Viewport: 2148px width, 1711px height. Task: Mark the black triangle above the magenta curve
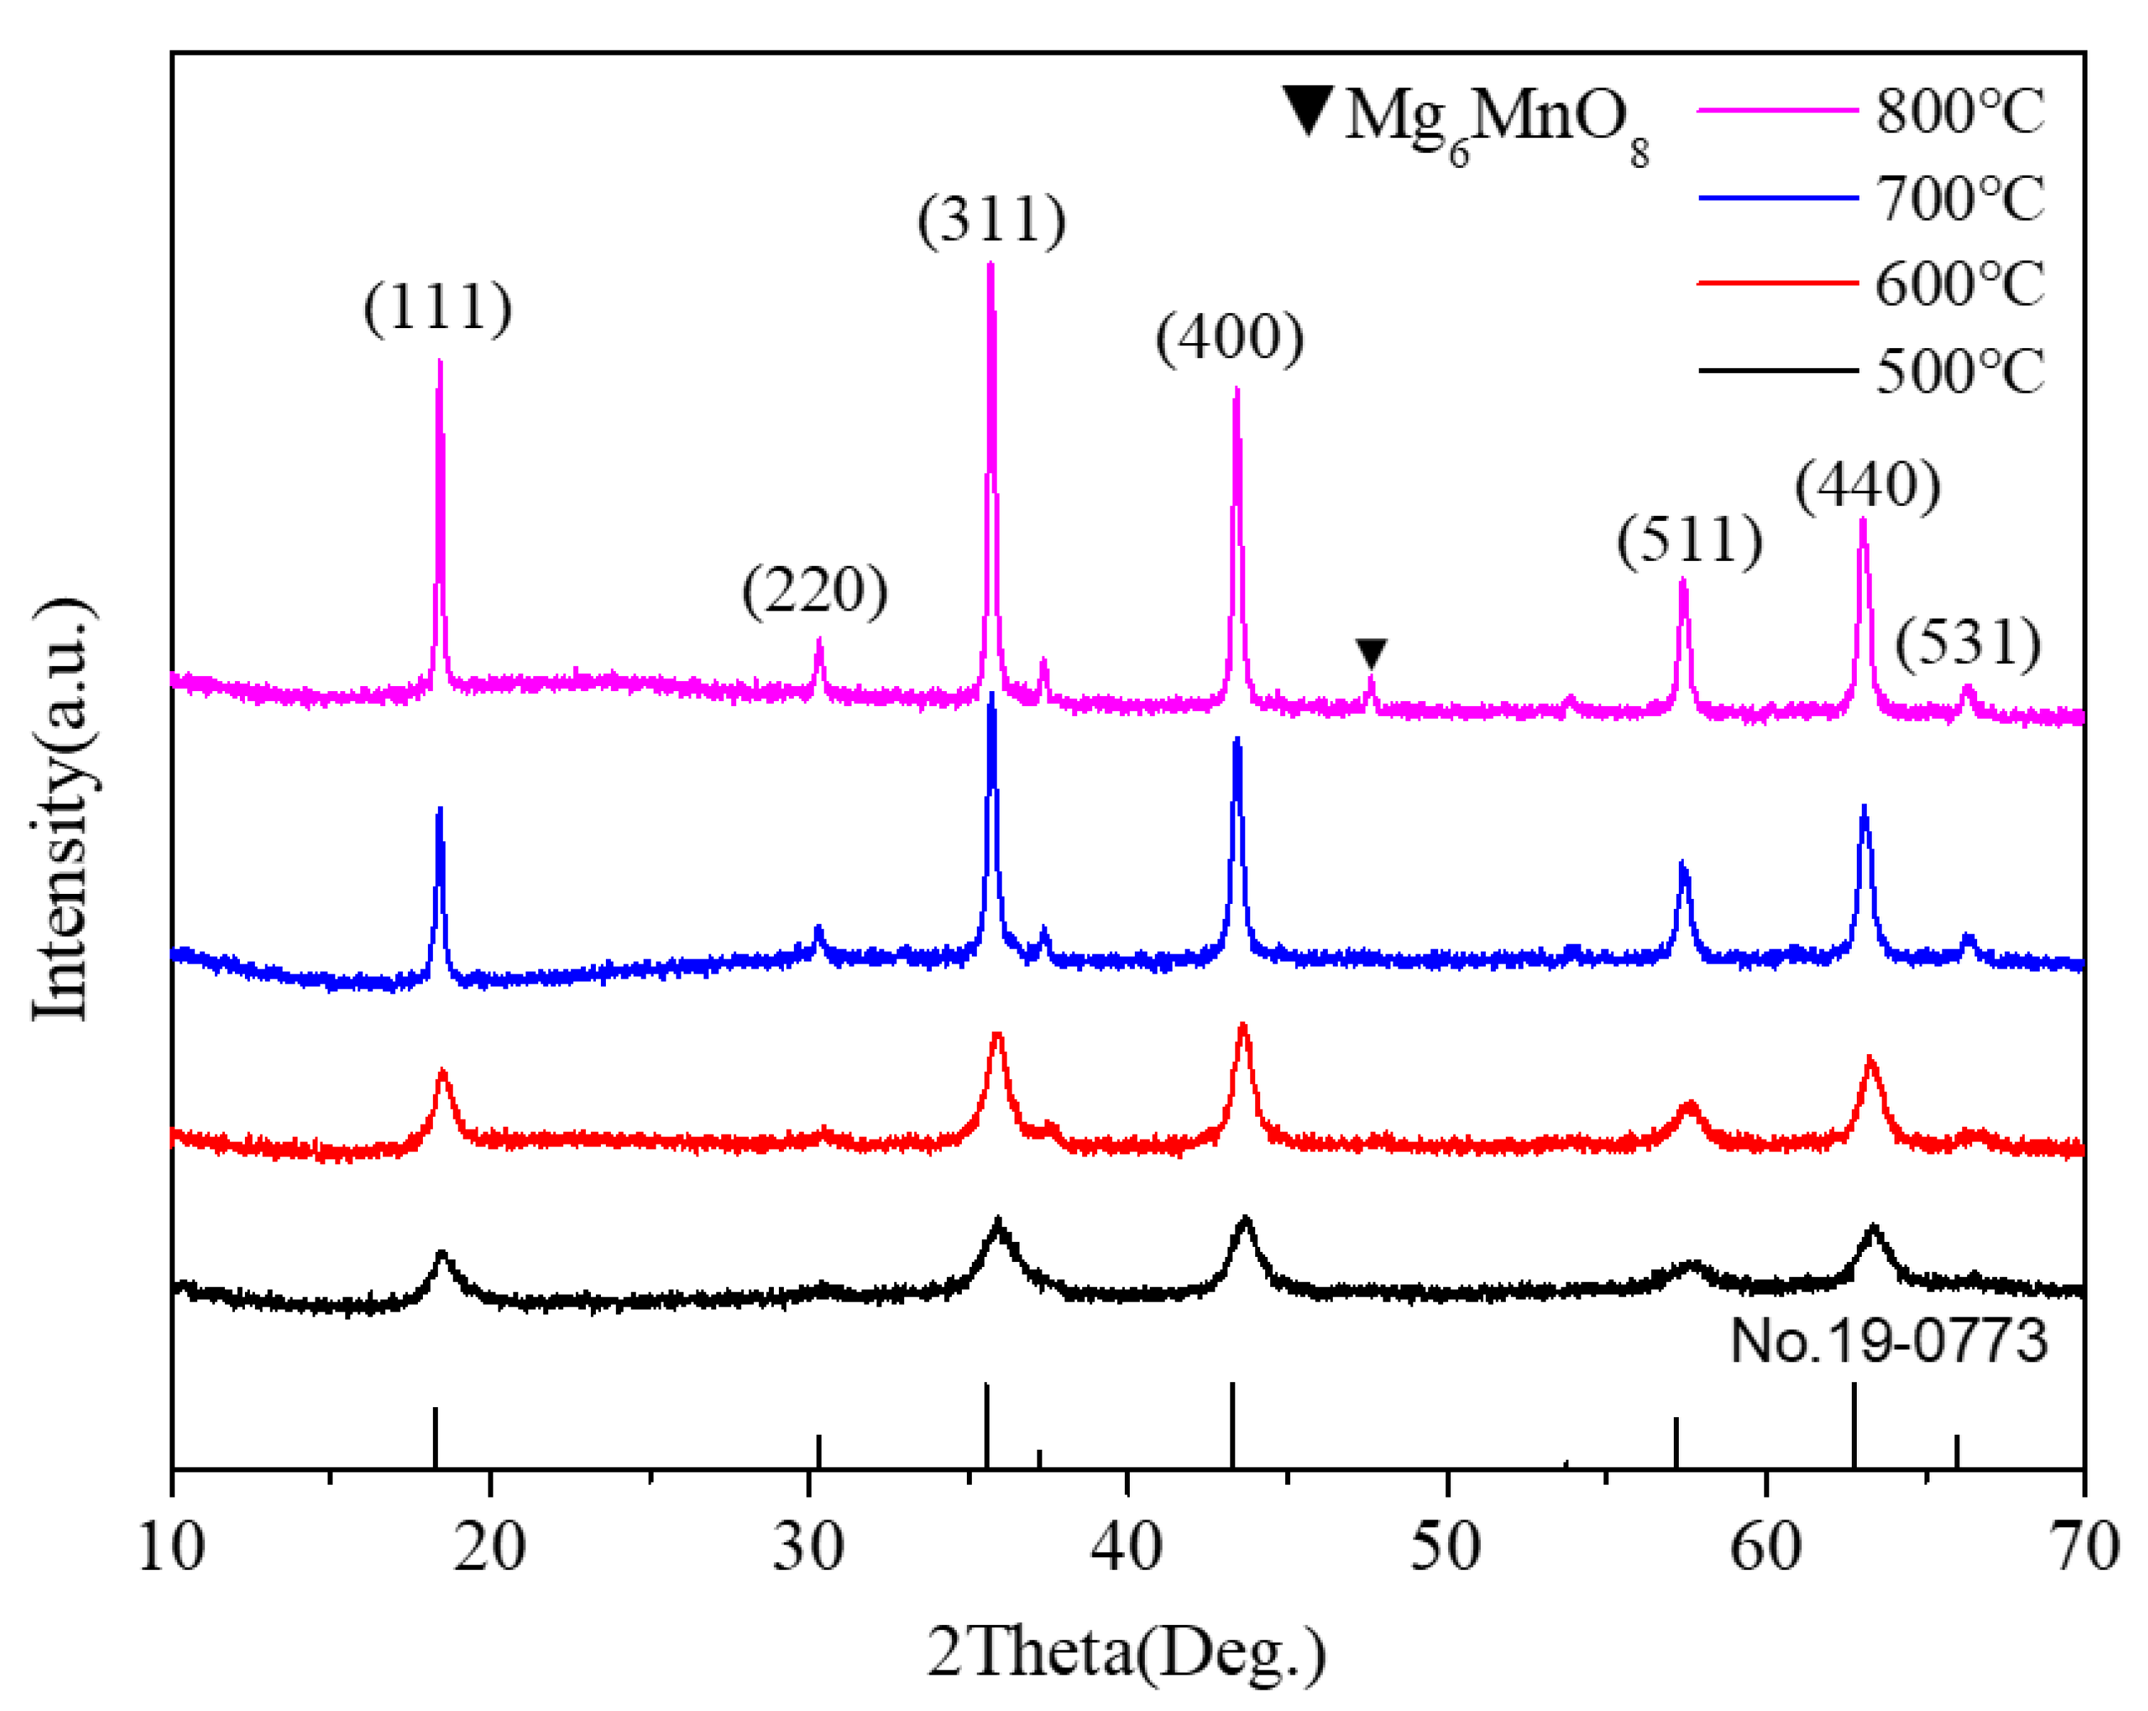(1371, 653)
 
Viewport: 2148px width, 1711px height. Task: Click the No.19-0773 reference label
(1889, 1340)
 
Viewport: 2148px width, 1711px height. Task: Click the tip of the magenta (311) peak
(990, 265)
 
